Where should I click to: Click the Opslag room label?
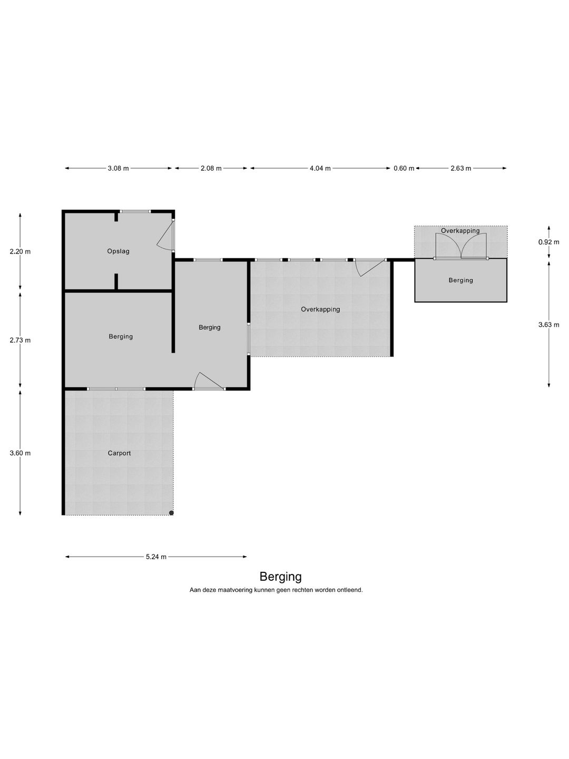coord(118,251)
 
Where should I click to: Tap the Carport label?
coord(119,453)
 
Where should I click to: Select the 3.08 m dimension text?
coord(118,168)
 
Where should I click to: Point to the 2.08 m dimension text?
coord(211,168)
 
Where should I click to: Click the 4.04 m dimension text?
coord(320,168)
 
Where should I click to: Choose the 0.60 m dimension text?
coord(404,168)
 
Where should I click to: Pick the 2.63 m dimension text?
coord(460,168)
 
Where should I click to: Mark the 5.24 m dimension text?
coord(156,557)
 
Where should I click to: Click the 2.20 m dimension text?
coord(20,251)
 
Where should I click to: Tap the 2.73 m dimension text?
coord(20,340)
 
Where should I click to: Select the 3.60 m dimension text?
coord(20,453)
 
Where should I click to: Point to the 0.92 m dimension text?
coord(548,242)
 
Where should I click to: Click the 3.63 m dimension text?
coord(548,325)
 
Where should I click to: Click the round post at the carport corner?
coord(171,513)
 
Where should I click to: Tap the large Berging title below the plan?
coord(280,577)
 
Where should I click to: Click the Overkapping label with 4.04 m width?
coord(320,309)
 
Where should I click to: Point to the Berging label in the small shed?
coord(460,280)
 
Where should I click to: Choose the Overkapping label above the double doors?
coord(460,230)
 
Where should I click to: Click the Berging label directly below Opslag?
coord(121,336)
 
